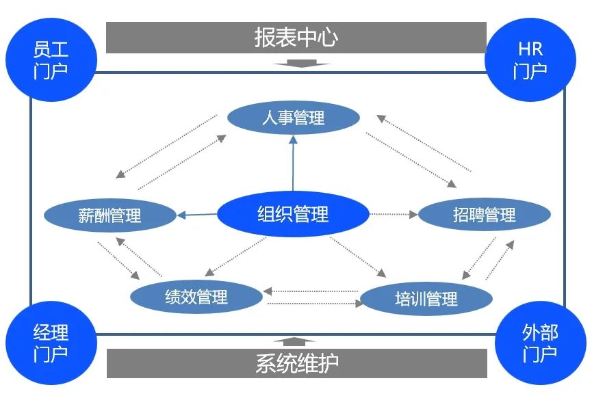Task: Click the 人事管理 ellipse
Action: point(293,118)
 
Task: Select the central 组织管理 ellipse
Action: point(293,214)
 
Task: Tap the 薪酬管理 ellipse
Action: point(110,215)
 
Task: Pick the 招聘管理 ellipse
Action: point(485,215)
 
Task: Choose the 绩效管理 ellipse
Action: point(196,297)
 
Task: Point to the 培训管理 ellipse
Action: point(426,299)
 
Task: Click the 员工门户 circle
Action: point(51,59)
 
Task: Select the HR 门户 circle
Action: point(530,59)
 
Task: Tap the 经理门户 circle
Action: point(51,343)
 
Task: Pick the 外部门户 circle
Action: point(540,343)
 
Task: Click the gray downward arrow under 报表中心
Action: point(296,64)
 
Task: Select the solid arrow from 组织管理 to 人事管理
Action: point(294,164)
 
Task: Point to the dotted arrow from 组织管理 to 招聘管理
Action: point(394,214)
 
